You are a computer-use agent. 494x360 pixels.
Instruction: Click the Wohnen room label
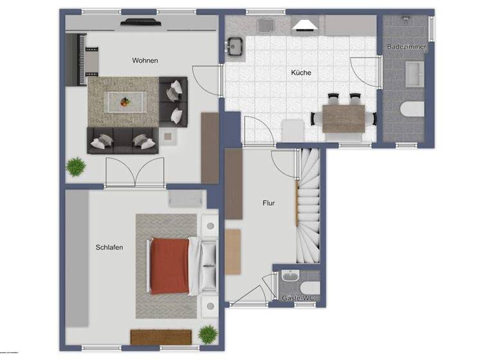(145, 60)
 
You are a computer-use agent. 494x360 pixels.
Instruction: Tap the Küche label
(301, 73)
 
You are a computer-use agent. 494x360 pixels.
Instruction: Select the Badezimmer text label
(407, 47)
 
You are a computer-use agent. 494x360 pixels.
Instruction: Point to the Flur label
(269, 203)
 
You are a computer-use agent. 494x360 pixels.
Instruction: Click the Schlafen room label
(109, 247)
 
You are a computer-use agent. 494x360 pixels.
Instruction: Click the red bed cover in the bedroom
(170, 265)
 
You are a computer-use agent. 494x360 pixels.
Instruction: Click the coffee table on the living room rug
(125, 101)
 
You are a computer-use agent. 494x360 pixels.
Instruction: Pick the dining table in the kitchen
(343, 119)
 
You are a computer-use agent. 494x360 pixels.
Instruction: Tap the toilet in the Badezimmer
(412, 109)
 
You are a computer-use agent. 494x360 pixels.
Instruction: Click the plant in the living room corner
(76, 166)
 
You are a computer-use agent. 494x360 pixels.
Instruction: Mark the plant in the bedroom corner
(208, 334)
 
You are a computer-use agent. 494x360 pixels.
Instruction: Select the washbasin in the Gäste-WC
(290, 276)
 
